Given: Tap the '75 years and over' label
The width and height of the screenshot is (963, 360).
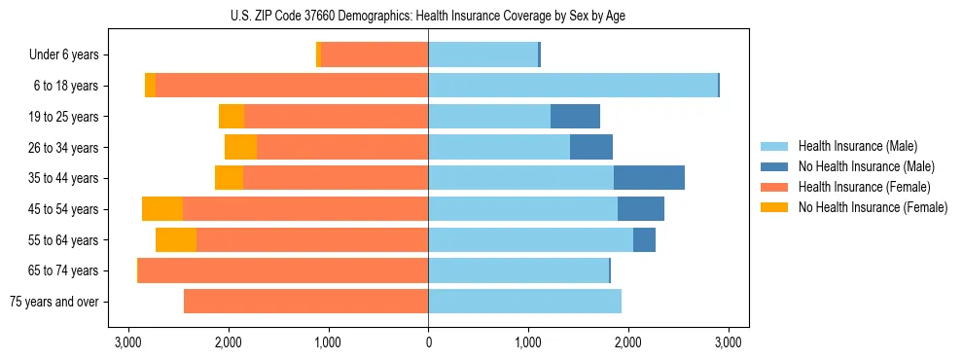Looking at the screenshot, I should click(x=53, y=302).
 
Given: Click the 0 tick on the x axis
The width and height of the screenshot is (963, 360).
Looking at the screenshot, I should click(x=428, y=342).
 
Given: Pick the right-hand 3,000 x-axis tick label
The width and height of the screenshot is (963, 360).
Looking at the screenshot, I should click(x=729, y=342).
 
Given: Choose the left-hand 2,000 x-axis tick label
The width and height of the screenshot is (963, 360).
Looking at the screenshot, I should click(x=228, y=342).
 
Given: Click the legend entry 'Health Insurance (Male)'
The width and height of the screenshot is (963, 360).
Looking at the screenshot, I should click(x=857, y=146).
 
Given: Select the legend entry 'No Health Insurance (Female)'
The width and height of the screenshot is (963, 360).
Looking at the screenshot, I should click(x=873, y=207).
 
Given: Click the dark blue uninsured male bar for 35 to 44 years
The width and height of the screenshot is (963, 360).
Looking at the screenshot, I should click(x=649, y=178).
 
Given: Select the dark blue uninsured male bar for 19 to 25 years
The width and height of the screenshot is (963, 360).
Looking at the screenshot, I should click(x=575, y=117).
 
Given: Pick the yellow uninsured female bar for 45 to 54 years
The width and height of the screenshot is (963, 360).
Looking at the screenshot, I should click(x=162, y=209).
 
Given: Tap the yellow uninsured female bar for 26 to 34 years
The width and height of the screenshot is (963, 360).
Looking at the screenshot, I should click(x=240, y=147).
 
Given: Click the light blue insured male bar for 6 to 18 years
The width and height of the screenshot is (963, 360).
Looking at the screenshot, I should click(x=573, y=86).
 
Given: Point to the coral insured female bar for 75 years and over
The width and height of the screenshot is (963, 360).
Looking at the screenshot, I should click(x=306, y=302).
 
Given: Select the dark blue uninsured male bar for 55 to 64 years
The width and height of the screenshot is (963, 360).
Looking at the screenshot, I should click(x=644, y=239).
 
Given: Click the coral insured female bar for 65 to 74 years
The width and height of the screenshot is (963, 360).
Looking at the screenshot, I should click(x=283, y=270).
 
